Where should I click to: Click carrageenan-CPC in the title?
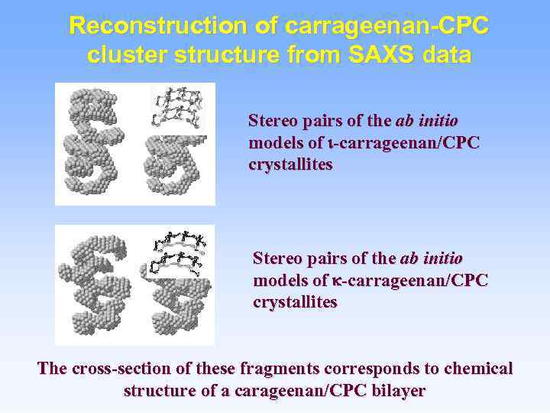[386, 26]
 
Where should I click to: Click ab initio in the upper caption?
[428, 121]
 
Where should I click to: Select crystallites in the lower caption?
[294, 302]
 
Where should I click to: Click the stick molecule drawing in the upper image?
[181, 107]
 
